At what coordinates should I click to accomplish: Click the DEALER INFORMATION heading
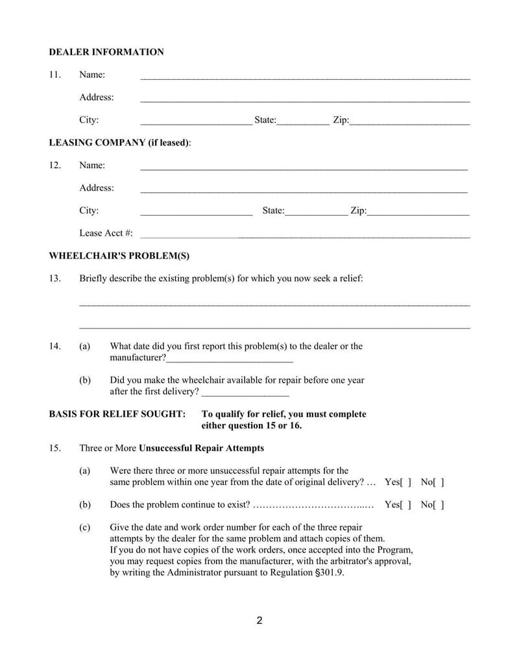[x=106, y=52]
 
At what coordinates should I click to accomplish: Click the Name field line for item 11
[x=305, y=77]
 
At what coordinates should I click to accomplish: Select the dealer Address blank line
[x=305, y=99]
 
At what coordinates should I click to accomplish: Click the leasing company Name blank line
[x=304, y=167]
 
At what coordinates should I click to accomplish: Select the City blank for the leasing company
[x=196, y=212]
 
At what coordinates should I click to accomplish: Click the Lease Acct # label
[x=106, y=233]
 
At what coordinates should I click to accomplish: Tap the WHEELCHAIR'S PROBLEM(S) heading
[x=119, y=256]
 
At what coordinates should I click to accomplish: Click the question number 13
[x=55, y=279]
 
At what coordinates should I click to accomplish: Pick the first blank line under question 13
[x=274, y=303]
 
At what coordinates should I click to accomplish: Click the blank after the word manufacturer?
[x=230, y=360]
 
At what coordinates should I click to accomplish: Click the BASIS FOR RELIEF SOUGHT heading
[x=117, y=414]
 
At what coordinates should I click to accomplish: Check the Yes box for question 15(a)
[x=405, y=482]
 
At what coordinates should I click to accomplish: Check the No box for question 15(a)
[x=439, y=482]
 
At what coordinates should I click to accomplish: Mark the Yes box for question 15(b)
[x=405, y=504]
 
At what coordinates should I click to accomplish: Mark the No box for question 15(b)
[x=439, y=504]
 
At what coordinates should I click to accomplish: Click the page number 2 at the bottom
[x=259, y=621]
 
